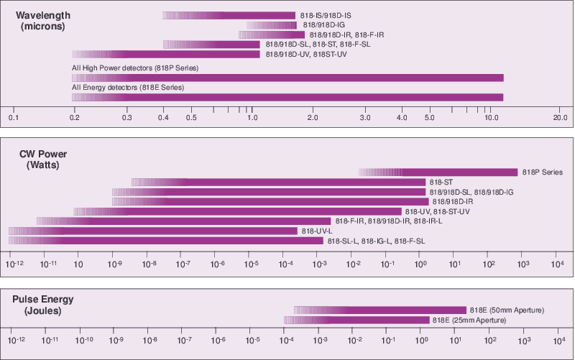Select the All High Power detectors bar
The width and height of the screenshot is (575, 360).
click(x=287, y=78)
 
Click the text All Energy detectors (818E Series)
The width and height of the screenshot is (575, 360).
click(x=128, y=88)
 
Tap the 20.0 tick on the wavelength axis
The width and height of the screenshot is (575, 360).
click(x=560, y=117)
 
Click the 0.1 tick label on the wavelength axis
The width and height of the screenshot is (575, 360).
click(x=13, y=117)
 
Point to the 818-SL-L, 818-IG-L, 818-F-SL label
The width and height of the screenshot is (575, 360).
click(x=376, y=241)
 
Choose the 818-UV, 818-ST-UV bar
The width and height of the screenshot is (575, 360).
click(x=237, y=211)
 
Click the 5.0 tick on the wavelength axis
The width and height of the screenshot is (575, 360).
click(x=430, y=117)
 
